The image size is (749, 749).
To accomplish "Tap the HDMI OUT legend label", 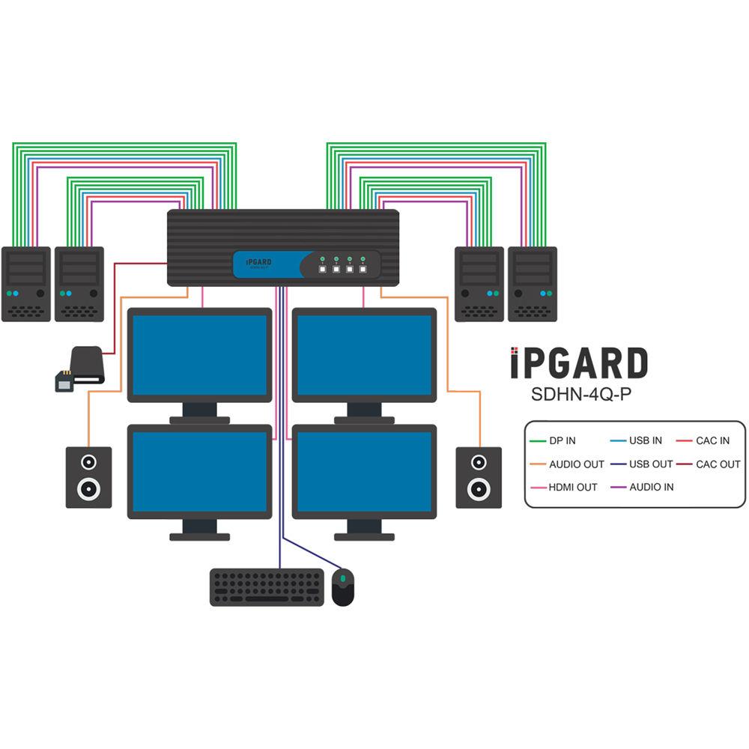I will pyautogui.click(x=573, y=487).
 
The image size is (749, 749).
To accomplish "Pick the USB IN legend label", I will pyautogui.click(x=645, y=441).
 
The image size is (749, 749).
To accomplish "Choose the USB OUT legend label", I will pyautogui.click(x=650, y=464).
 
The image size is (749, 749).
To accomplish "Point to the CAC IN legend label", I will pyautogui.click(x=712, y=441).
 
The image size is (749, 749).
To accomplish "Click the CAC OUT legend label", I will pyautogui.click(x=718, y=464).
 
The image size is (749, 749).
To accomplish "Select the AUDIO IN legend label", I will pyautogui.click(x=651, y=487).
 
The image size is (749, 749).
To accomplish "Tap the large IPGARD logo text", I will pyautogui.click(x=578, y=364).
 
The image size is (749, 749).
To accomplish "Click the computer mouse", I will pyautogui.click(x=343, y=586).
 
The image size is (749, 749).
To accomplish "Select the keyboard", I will pyautogui.click(x=267, y=587).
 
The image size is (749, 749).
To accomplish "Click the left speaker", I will pyautogui.click(x=88, y=477).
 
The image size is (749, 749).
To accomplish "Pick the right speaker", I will pyautogui.click(x=479, y=477).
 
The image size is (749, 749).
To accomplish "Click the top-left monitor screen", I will pyautogui.click(x=199, y=355).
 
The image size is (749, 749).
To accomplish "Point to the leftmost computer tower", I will pyautogui.click(x=26, y=284).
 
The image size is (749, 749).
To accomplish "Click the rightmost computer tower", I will pyautogui.click(x=532, y=284).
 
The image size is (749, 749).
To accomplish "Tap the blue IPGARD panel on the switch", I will pyautogui.click(x=266, y=264).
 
